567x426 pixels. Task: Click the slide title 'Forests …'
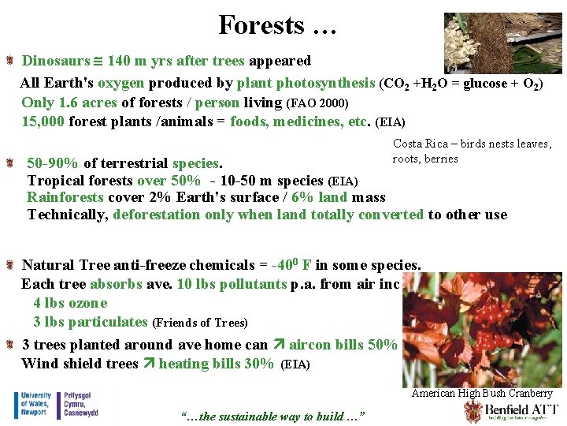(277, 25)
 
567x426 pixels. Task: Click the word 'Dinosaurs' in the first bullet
(55, 61)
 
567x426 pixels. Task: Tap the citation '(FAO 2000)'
(317, 103)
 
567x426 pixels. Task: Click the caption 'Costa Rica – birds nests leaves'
(472, 144)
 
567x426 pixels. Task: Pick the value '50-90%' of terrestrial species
(52, 163)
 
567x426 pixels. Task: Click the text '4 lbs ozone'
(70, 303)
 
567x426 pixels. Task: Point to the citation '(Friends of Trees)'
(199, 323)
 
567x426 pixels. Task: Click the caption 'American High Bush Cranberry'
(482, 394)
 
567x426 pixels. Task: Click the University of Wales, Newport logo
(56, 405)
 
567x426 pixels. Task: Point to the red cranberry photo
(482, 328)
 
